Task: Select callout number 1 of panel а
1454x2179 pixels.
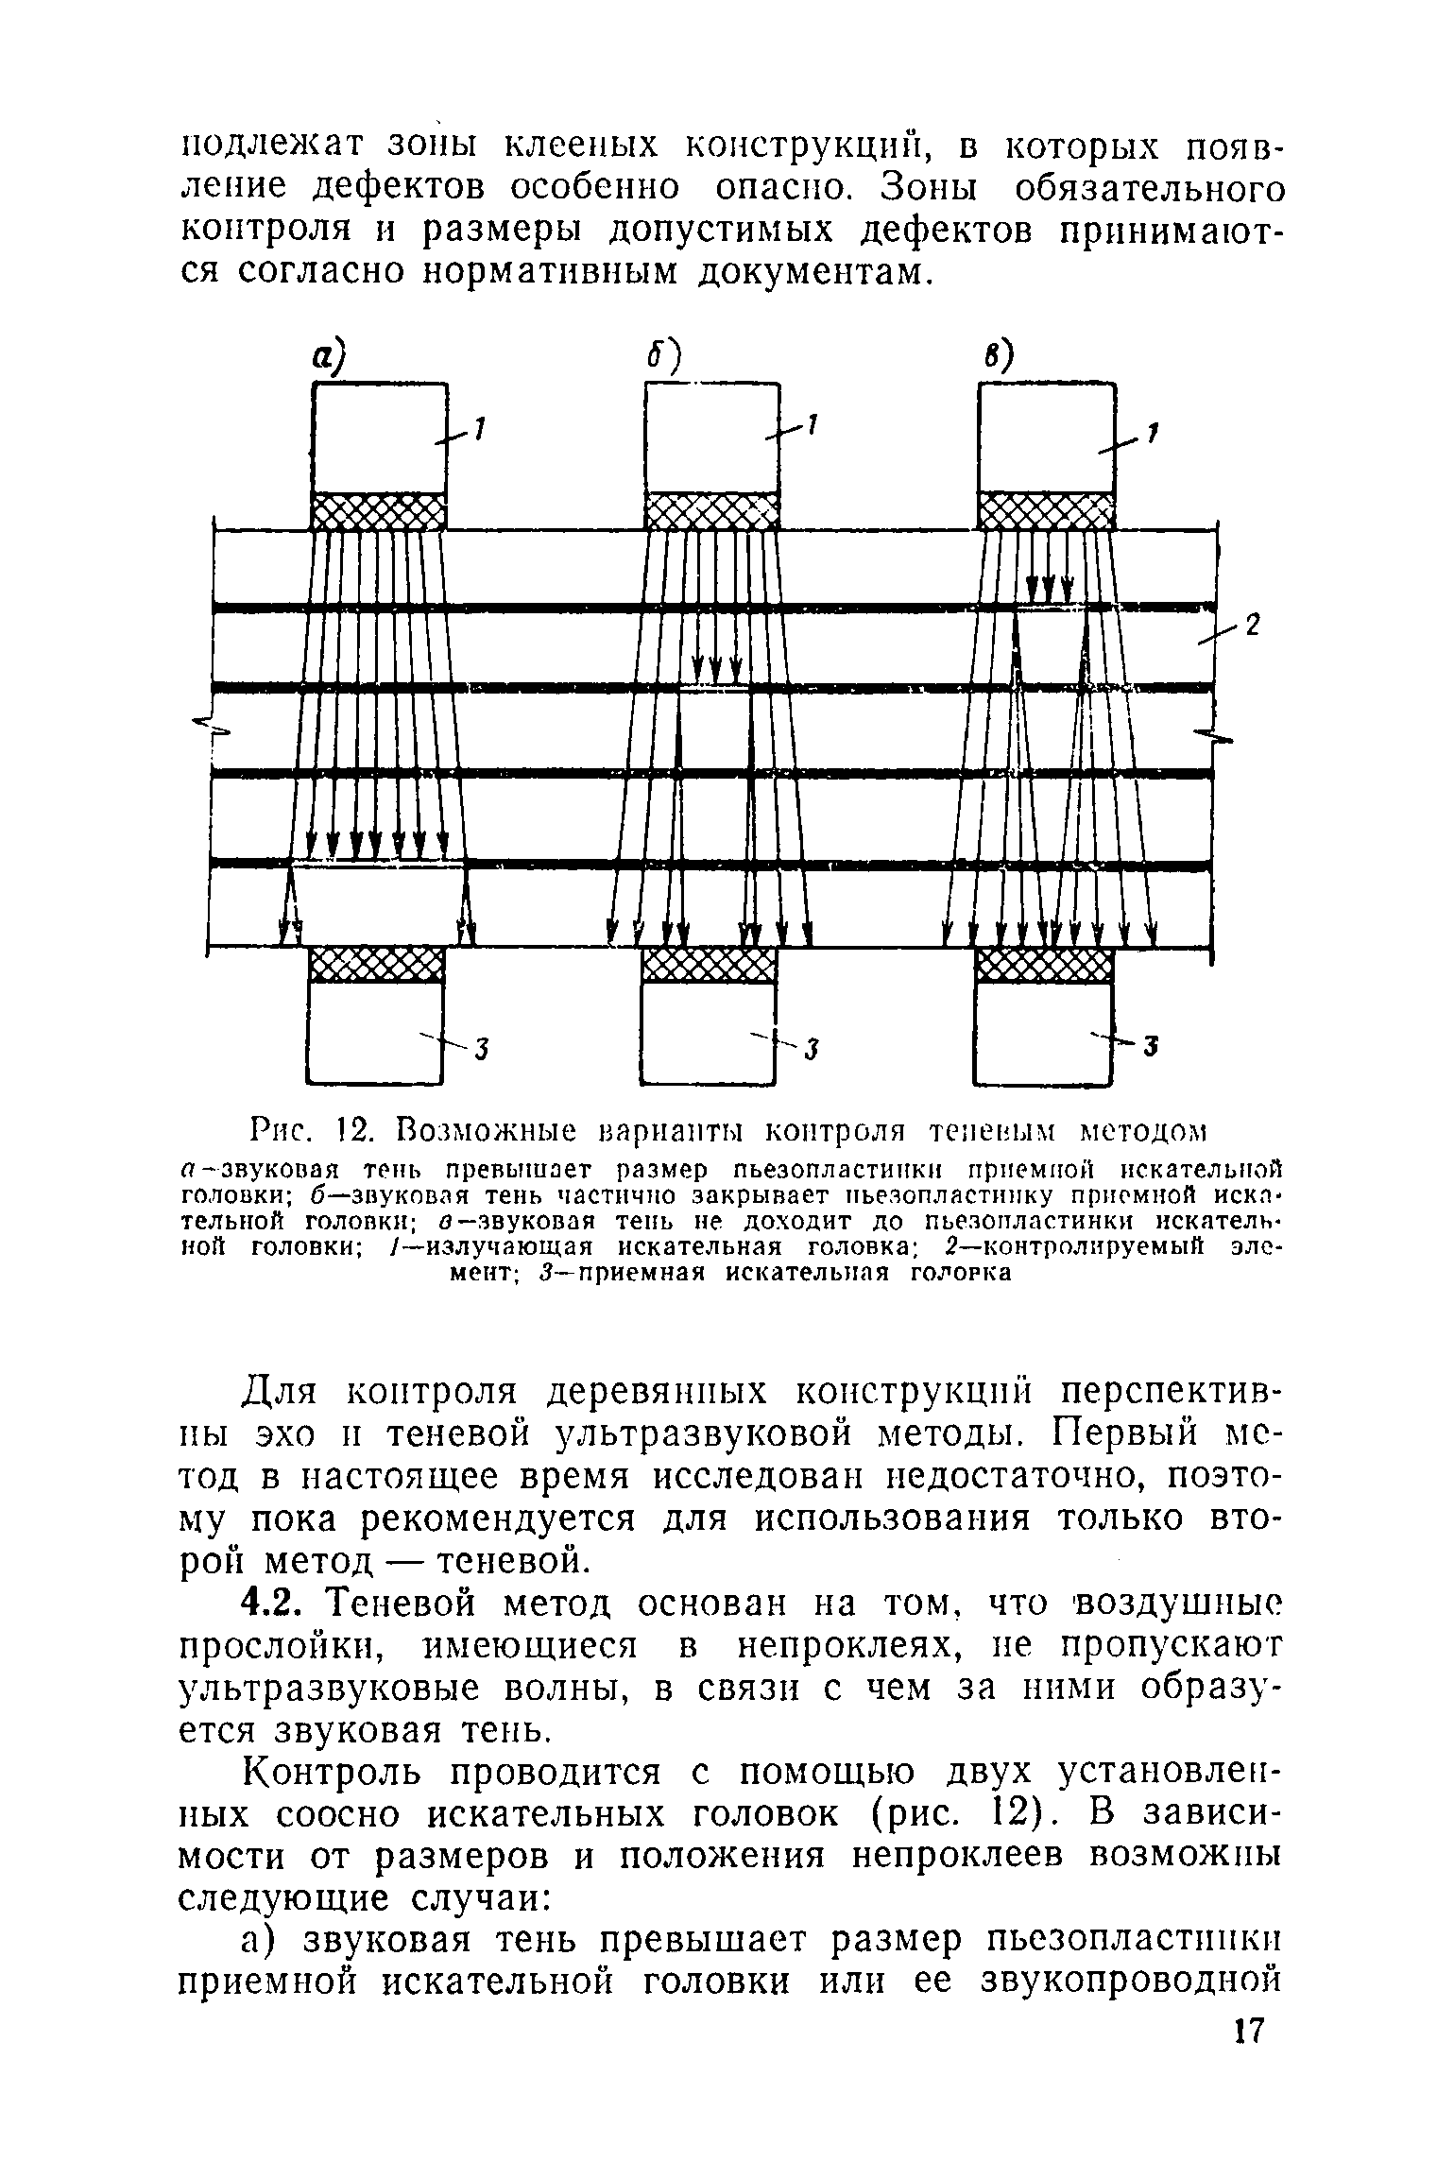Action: click(x=479, y=430)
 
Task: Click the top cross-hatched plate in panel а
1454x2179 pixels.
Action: click(x=378, y=511)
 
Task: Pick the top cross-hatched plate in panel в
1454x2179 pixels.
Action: click(x=1046, y=510)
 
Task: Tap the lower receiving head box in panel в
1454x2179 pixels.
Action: click(x=1043, y=1033)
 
